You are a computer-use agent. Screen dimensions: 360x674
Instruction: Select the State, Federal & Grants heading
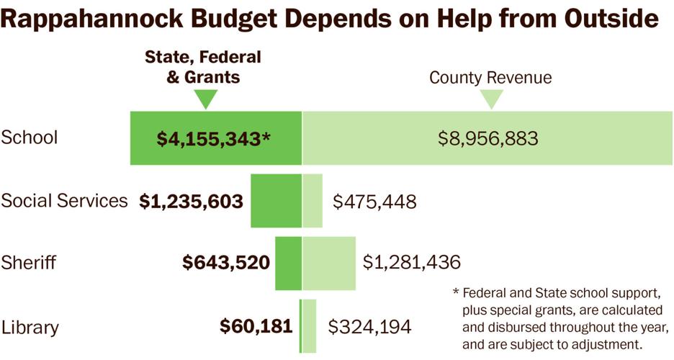pos(203,67)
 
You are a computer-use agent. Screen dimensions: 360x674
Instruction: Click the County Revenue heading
pos(490,78)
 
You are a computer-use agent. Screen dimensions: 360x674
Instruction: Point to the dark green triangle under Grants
pos(206,99)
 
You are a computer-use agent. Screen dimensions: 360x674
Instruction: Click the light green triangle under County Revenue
pos(492,99)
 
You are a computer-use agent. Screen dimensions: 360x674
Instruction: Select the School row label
pos(30,138)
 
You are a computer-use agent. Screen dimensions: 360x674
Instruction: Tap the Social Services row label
pos(64,200)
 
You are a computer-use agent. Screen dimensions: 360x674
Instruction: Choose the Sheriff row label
pos(29,263)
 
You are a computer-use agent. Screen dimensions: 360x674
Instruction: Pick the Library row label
pos(30,327)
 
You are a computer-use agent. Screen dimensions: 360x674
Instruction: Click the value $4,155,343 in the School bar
pos(209,139)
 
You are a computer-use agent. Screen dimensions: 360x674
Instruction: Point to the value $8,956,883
pos(487,139)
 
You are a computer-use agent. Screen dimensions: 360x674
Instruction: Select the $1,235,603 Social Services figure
pos(192,202)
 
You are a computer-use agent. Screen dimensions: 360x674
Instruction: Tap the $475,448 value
pos(374,202)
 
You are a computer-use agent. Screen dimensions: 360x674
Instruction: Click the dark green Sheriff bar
pos(288,263)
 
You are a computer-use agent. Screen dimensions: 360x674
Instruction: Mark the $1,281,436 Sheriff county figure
pos(411,263)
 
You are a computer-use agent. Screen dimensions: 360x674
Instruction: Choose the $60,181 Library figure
pos(256,326)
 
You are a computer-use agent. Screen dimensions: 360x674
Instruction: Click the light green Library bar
pos(310,326)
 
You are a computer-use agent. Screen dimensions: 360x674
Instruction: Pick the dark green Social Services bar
pos(276,200)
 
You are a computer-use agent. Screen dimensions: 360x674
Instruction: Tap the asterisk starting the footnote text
pos(456,294)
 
